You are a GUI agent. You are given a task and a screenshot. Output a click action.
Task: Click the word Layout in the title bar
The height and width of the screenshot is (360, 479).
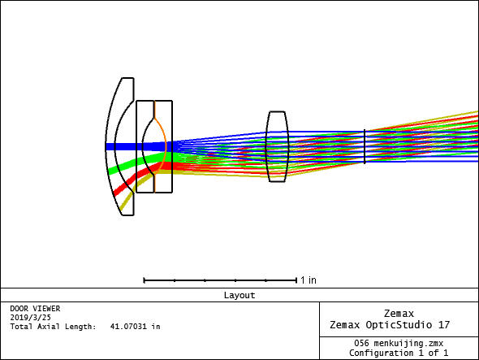tap(239, 295)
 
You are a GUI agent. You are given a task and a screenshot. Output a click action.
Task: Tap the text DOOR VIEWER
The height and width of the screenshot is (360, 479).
tap(35, 309)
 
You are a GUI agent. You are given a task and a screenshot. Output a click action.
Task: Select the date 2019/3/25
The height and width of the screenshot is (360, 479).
tap(30, 318)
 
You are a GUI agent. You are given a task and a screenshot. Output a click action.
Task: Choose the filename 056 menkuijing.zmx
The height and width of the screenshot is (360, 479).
tap(399, 343)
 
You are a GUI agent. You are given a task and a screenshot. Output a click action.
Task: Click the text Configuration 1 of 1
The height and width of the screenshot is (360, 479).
tap(399, 353)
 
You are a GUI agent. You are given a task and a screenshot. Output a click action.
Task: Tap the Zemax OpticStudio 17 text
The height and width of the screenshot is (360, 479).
tap(390, 324)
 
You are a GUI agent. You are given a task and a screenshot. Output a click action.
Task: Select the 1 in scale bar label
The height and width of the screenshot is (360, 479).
tap(309, 280)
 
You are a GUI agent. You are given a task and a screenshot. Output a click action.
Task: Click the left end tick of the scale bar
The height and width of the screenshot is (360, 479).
tap(144, 280)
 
